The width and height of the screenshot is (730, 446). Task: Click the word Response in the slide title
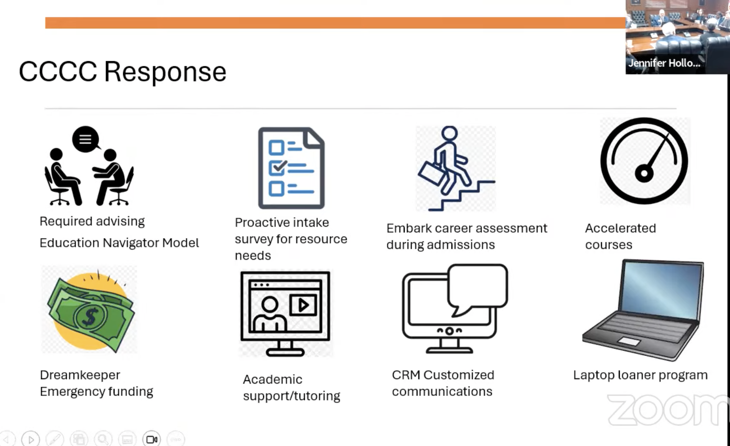pos(165,72)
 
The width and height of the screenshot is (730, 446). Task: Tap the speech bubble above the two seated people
pos(86,139)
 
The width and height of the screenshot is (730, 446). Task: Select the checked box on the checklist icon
pos(277,168)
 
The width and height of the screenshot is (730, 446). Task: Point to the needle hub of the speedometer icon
pos(644,173)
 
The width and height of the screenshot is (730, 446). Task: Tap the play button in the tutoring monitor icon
pos(303,305)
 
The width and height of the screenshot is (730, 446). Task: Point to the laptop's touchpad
pos(629,342)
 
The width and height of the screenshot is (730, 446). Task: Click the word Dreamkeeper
pos(80,375)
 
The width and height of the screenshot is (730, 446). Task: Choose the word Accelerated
pos(620,228)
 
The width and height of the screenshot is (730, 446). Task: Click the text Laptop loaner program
pos(640,375)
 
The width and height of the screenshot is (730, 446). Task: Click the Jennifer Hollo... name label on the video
pos(664,63)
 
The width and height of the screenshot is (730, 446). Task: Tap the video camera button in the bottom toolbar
pos(152,439)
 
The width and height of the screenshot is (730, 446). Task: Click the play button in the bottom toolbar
pos(31,439)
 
